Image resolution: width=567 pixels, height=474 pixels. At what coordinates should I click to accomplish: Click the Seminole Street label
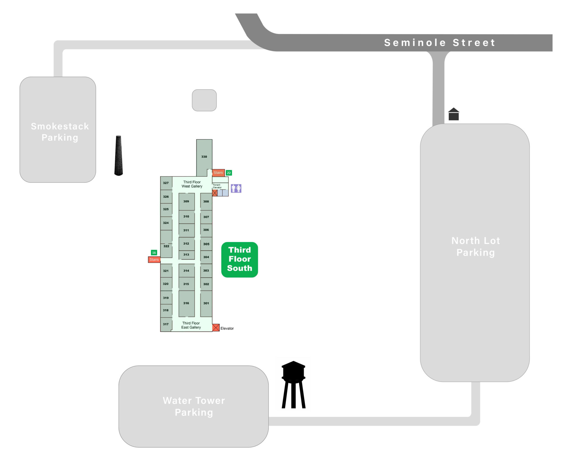(x=439, y=43)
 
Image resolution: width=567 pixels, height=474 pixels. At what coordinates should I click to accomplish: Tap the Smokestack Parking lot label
(x=60, y=132)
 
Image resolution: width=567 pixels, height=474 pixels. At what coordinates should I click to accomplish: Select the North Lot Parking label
(x=476, y=247)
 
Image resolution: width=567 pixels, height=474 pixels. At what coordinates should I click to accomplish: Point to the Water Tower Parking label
(x=194, y=406)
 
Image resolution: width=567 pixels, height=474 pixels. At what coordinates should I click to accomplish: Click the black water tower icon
(x=293, y=385)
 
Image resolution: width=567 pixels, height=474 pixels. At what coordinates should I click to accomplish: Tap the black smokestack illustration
(x=118, y=156)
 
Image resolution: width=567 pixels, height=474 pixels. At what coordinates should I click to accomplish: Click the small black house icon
(x=453, y=114)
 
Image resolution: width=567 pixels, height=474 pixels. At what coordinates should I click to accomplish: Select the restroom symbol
(x=236, y=188)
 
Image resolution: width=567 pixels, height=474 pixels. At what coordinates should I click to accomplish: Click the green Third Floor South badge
(x=239, y=260)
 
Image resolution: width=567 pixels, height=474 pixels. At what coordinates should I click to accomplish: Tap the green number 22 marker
(x=229, y=173)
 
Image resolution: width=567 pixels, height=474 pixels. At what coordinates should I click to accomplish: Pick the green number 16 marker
(x=154, y=252)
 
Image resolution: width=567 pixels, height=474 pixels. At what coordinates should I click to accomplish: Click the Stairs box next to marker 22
(x=218, y=173)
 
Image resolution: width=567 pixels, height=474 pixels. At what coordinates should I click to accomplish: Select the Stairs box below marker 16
(x=154, y=260)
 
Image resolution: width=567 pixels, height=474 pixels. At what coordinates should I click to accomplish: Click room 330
(x=204, y=157)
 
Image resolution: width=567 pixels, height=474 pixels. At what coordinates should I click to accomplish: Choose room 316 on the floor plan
(x=186, y=303)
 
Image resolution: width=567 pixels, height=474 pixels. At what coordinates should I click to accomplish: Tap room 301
(x=206, y=303)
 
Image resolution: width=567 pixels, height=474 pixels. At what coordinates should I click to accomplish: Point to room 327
(x=166, y=183)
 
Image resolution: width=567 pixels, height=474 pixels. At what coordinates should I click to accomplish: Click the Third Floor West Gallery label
(x=192, y=184)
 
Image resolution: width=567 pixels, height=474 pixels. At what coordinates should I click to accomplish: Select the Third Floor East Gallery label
(x=191, y=325)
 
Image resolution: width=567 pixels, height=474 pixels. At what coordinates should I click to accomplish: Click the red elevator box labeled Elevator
(x=216, y=328)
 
